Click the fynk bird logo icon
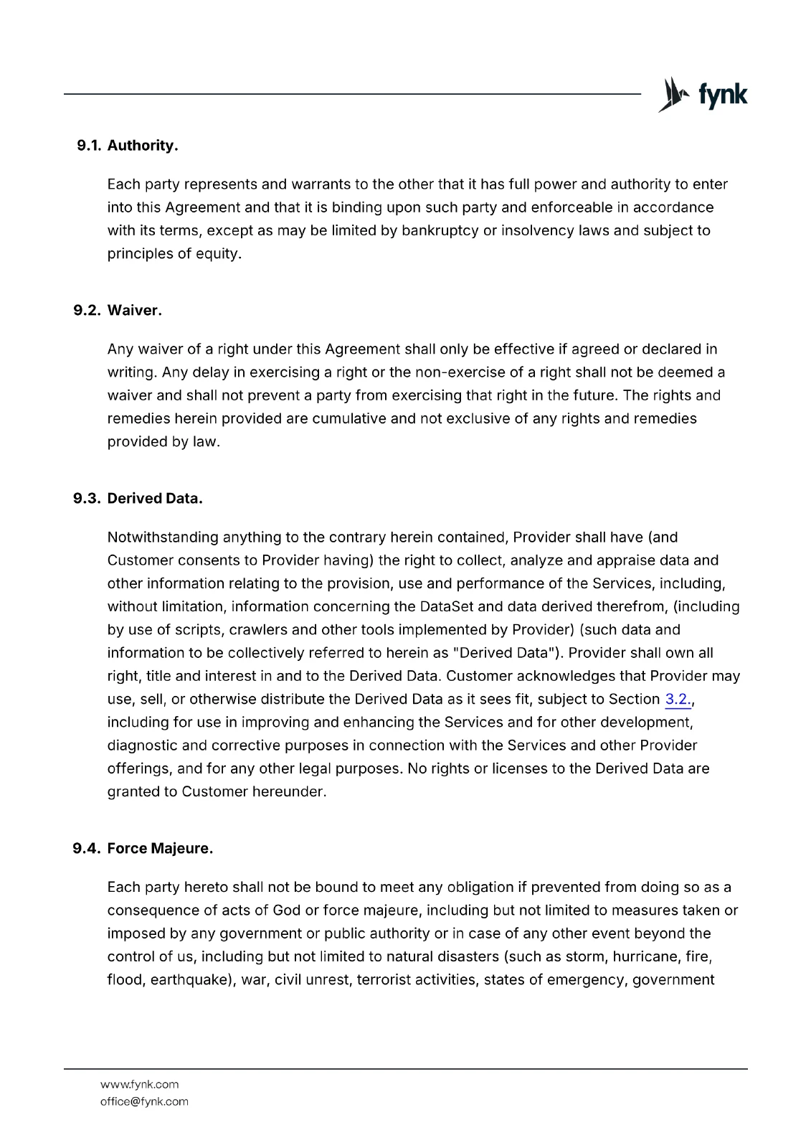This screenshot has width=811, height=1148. (673, 95)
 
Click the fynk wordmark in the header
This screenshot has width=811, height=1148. (722, 95)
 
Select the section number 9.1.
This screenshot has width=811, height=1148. (89, 146)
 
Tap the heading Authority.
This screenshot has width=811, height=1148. (143, 146)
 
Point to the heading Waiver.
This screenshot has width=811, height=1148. (135, 311)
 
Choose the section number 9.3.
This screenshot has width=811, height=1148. (87, 499)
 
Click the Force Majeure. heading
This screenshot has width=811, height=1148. (160, 849)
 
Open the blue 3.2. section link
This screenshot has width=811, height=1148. (678, 700)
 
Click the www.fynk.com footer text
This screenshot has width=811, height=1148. (140, 1084)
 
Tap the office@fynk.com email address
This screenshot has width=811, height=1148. (144, 1101)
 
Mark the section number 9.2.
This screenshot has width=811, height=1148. (87, 311)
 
